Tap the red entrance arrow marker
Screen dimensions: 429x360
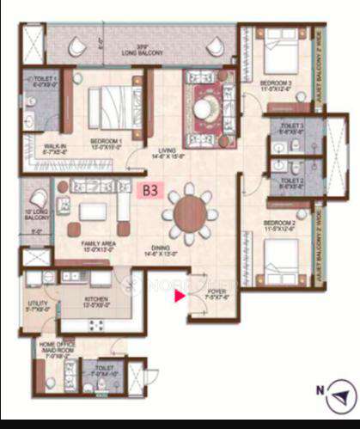point(180,297)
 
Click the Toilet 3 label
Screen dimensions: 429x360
point(291,130)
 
